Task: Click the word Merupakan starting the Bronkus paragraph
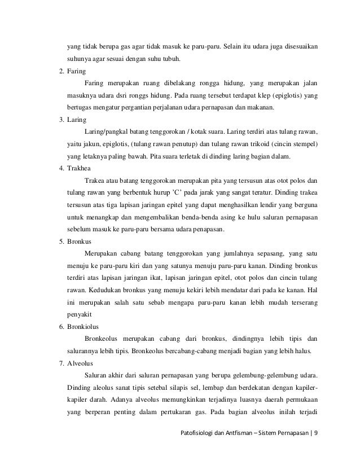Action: click(x=102, y=253)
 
